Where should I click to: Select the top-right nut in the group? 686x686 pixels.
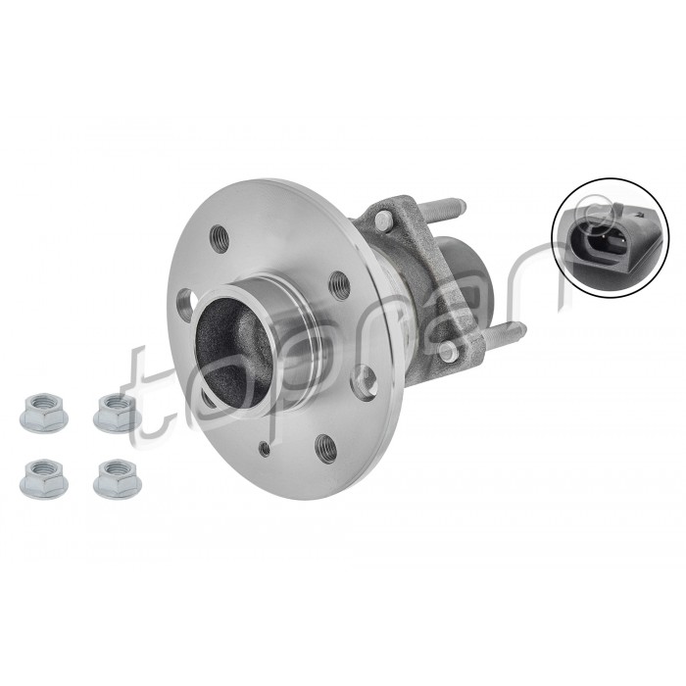pos(116,413)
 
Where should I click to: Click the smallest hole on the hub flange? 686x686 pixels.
pos(265,448)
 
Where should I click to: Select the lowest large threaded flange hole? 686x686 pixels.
pos(322,447)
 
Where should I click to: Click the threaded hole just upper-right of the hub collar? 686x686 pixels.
pos(338,284)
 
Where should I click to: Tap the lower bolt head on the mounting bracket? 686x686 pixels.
pos(448,351)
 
